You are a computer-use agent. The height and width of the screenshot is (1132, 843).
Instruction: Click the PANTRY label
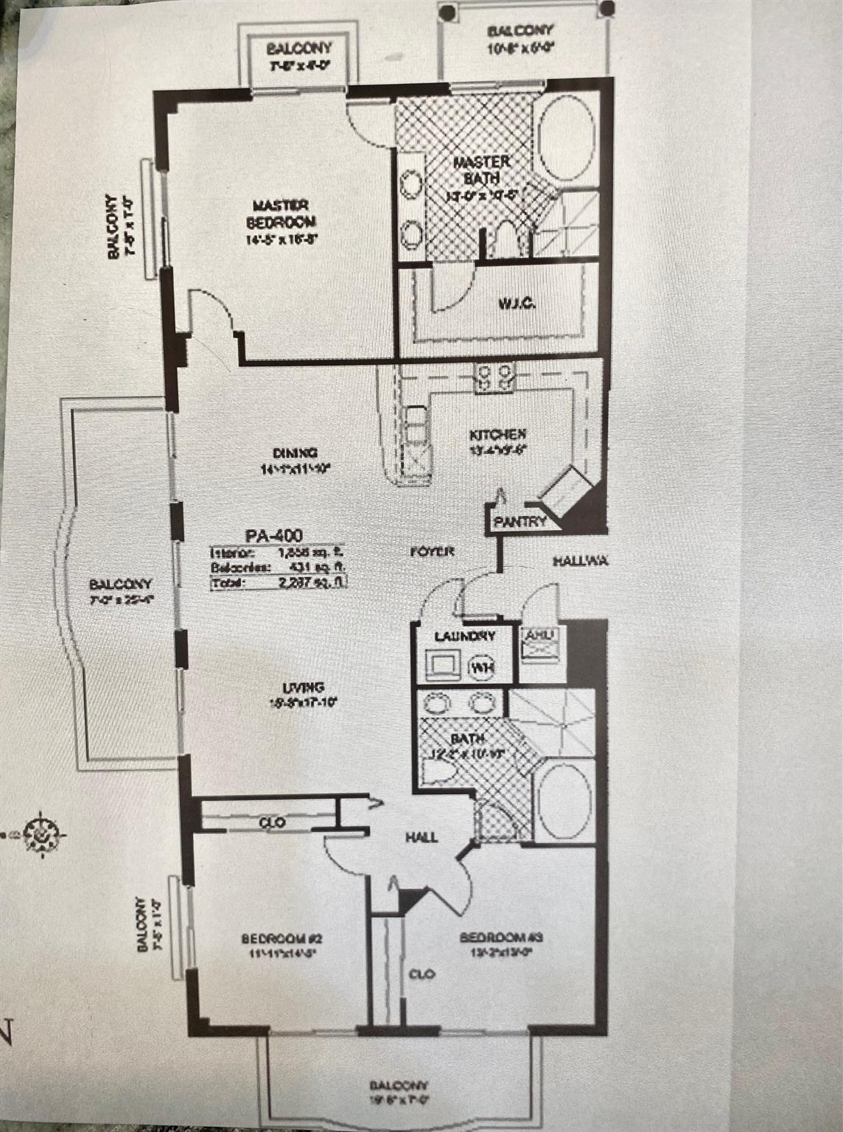(520, 522)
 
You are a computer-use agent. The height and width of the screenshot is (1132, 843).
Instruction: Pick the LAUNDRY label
(464, 636)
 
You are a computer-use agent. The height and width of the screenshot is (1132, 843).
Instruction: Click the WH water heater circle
(483, 668)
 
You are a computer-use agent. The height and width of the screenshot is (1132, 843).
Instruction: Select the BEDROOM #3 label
(501, 937)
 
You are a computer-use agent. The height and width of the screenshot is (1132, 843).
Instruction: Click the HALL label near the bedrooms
(421, 836)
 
